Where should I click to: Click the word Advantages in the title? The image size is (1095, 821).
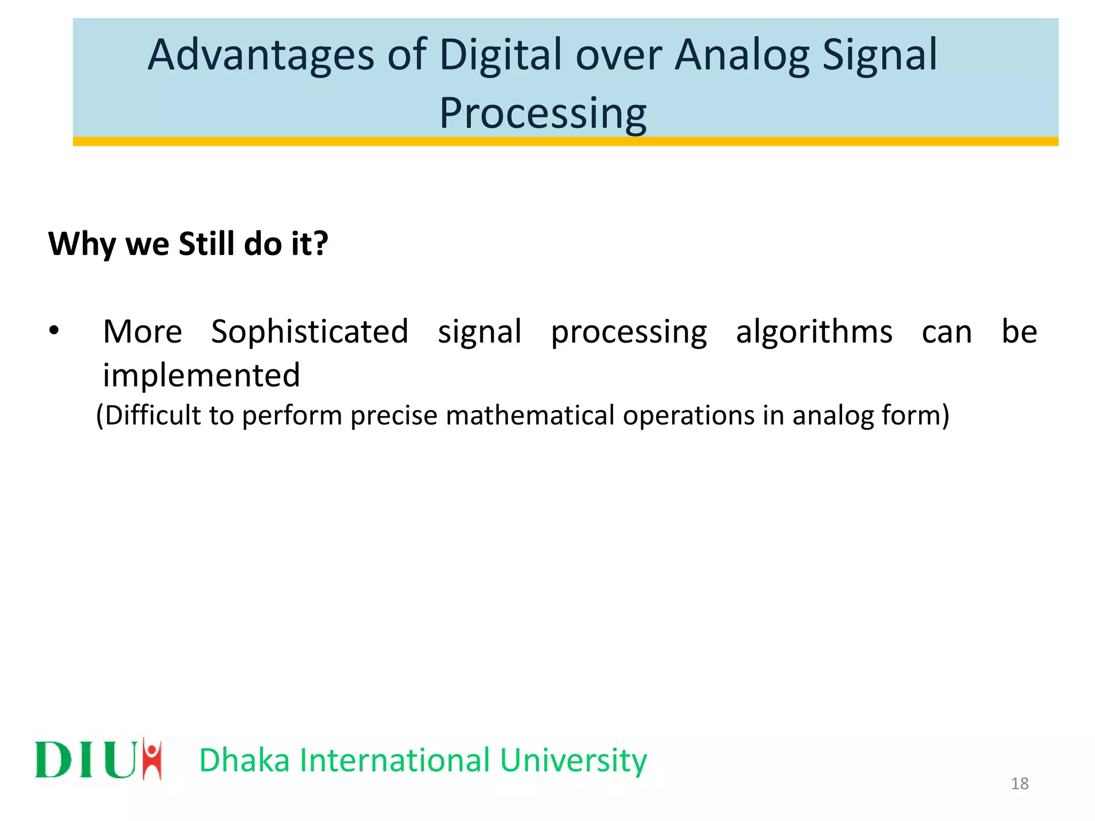(x=261, y=56)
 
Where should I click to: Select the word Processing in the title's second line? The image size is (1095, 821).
(x=542, y=114)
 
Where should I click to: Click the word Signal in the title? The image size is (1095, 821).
(x=879, y=56)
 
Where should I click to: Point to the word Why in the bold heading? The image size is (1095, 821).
(x=82, y=245)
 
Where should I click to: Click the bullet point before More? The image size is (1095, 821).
(x=53, y=331)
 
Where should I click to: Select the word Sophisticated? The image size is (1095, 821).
(x=310, y=332)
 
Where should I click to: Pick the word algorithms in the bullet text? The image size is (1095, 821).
(x=814, y=332)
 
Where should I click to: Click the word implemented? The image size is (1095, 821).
(x=201, y=375)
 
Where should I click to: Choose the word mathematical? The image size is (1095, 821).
(x=530, y=415)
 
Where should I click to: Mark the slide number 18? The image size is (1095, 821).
(x=1020, y=784)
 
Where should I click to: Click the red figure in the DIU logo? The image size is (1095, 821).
(x=152, y=758)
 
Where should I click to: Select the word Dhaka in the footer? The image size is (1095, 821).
(x=244, y=760)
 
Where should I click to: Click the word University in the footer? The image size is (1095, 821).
(x=573, y=761)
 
